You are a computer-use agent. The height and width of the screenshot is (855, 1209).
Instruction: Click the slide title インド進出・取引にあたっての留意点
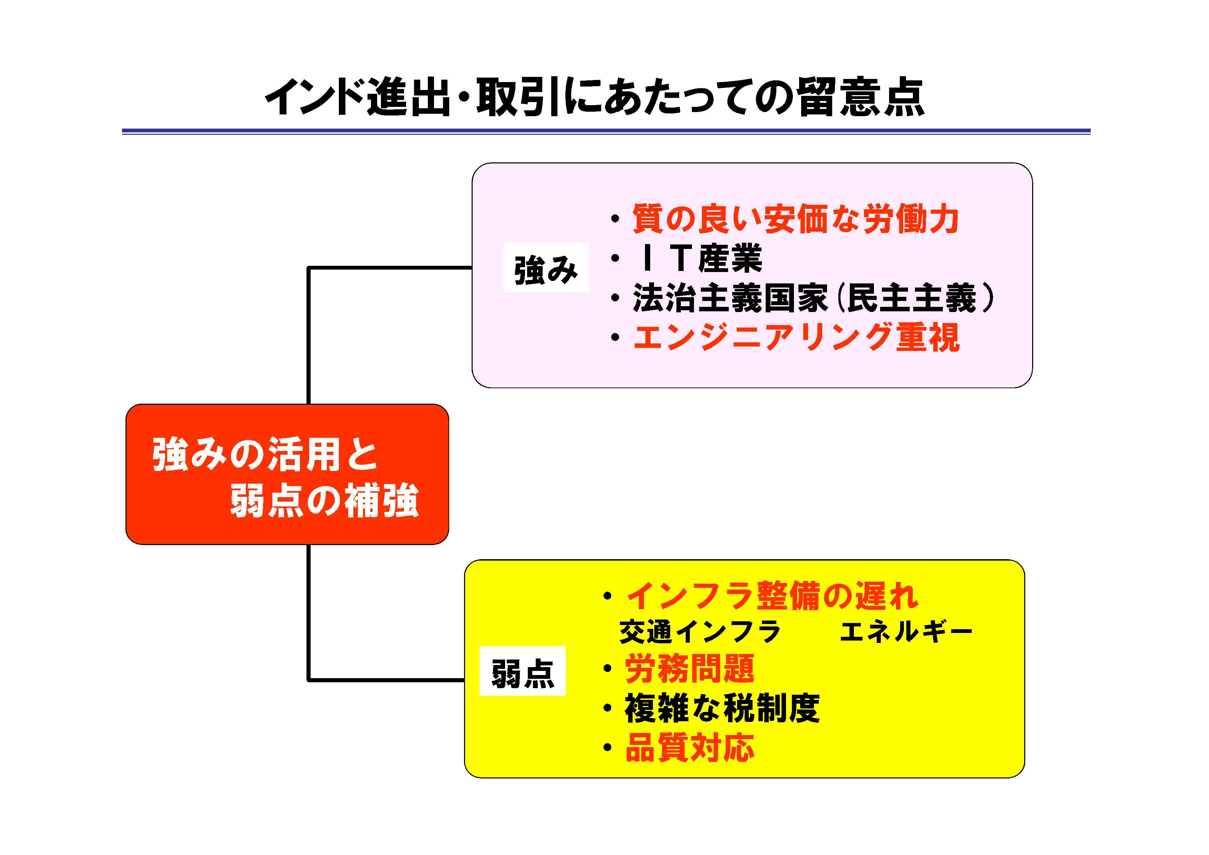tap(594, 98)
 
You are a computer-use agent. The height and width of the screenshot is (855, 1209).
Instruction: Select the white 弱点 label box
tap(522, 671)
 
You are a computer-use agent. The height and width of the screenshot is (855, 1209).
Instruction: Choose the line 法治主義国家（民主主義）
tap(814, 298)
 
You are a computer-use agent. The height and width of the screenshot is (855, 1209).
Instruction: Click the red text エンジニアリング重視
tap(796, 338)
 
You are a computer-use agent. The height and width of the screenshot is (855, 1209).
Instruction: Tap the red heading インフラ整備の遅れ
tap(772, 596)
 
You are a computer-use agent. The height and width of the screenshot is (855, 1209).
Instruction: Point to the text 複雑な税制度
tap(722, 708)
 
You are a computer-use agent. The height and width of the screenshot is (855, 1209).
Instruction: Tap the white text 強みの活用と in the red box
tap(265, 454)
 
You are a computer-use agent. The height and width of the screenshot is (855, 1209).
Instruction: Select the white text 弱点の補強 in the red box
tap(324, 500)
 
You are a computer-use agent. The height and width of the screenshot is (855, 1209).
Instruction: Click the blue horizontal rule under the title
tap(606, 131)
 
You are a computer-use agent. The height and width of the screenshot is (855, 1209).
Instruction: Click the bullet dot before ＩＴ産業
tap(615, 259)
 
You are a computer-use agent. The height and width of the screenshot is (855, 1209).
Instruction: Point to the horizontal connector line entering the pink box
tap(390, 268)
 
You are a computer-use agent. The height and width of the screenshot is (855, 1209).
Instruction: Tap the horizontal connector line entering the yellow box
tap(386, 680)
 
